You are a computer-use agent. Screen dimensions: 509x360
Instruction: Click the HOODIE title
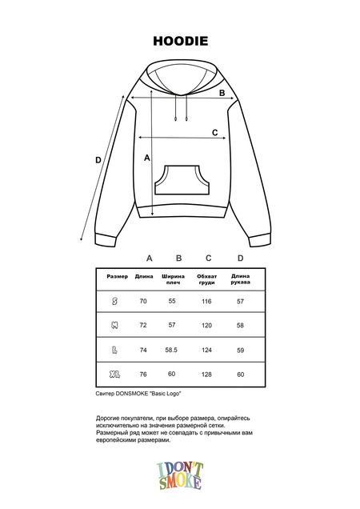(180, 39)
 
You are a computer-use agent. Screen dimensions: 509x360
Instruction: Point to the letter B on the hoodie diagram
(222, 92)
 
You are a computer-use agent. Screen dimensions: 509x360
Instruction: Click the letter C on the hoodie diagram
(214, 132)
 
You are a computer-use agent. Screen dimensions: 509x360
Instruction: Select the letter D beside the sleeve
(98, 160)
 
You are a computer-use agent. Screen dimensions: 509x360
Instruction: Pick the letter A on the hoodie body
(147, 158)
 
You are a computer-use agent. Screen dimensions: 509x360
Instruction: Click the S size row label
(115, 301)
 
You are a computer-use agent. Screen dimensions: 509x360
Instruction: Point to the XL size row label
(115, 374)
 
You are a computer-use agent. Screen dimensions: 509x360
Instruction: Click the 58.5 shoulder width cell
(171, 350)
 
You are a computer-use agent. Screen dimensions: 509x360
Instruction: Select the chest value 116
(206, 301)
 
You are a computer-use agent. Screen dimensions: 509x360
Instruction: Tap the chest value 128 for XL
(206, 374)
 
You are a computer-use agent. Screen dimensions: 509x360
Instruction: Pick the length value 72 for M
(143, 326)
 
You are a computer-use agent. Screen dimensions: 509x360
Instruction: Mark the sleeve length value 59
(240, 350)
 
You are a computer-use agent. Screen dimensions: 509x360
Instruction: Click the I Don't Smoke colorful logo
(181, 475)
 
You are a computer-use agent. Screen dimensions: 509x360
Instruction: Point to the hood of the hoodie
(180, 80)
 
